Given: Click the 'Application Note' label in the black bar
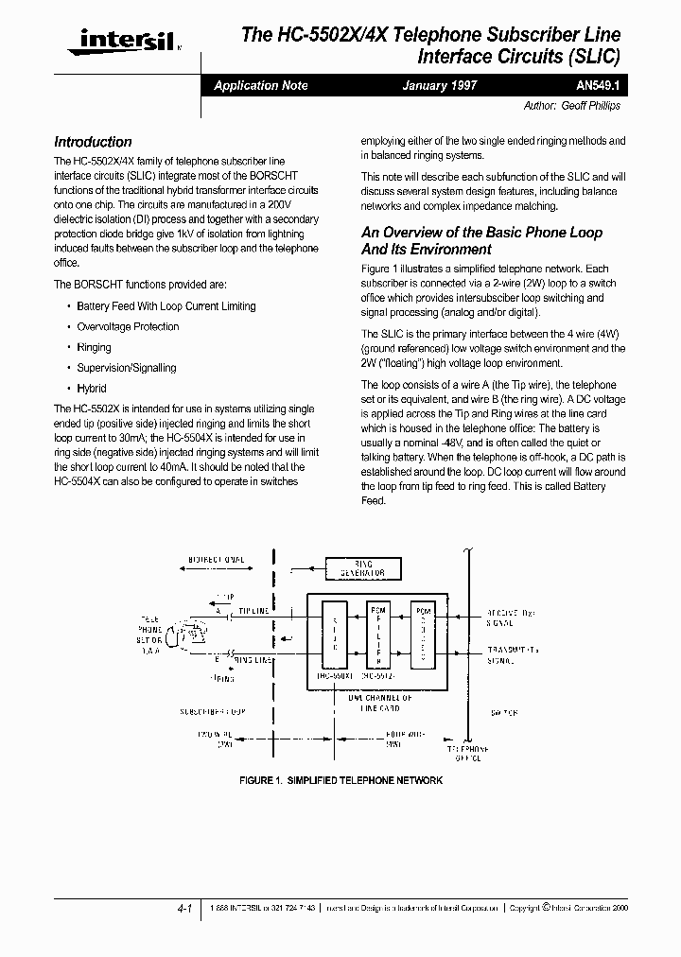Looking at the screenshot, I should point(261,85).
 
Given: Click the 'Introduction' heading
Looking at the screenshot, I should point(93,142).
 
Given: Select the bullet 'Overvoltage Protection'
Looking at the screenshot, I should point(128,327).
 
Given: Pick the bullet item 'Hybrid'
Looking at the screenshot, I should point(92,389).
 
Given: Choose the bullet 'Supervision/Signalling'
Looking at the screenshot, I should point(127,368).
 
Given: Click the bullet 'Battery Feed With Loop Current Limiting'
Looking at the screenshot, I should point(166,306).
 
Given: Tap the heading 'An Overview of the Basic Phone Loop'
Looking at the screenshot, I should point(481,233).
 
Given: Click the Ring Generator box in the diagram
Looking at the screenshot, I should point(361,568).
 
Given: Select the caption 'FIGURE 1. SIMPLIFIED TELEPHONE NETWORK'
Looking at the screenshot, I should point(340,780).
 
